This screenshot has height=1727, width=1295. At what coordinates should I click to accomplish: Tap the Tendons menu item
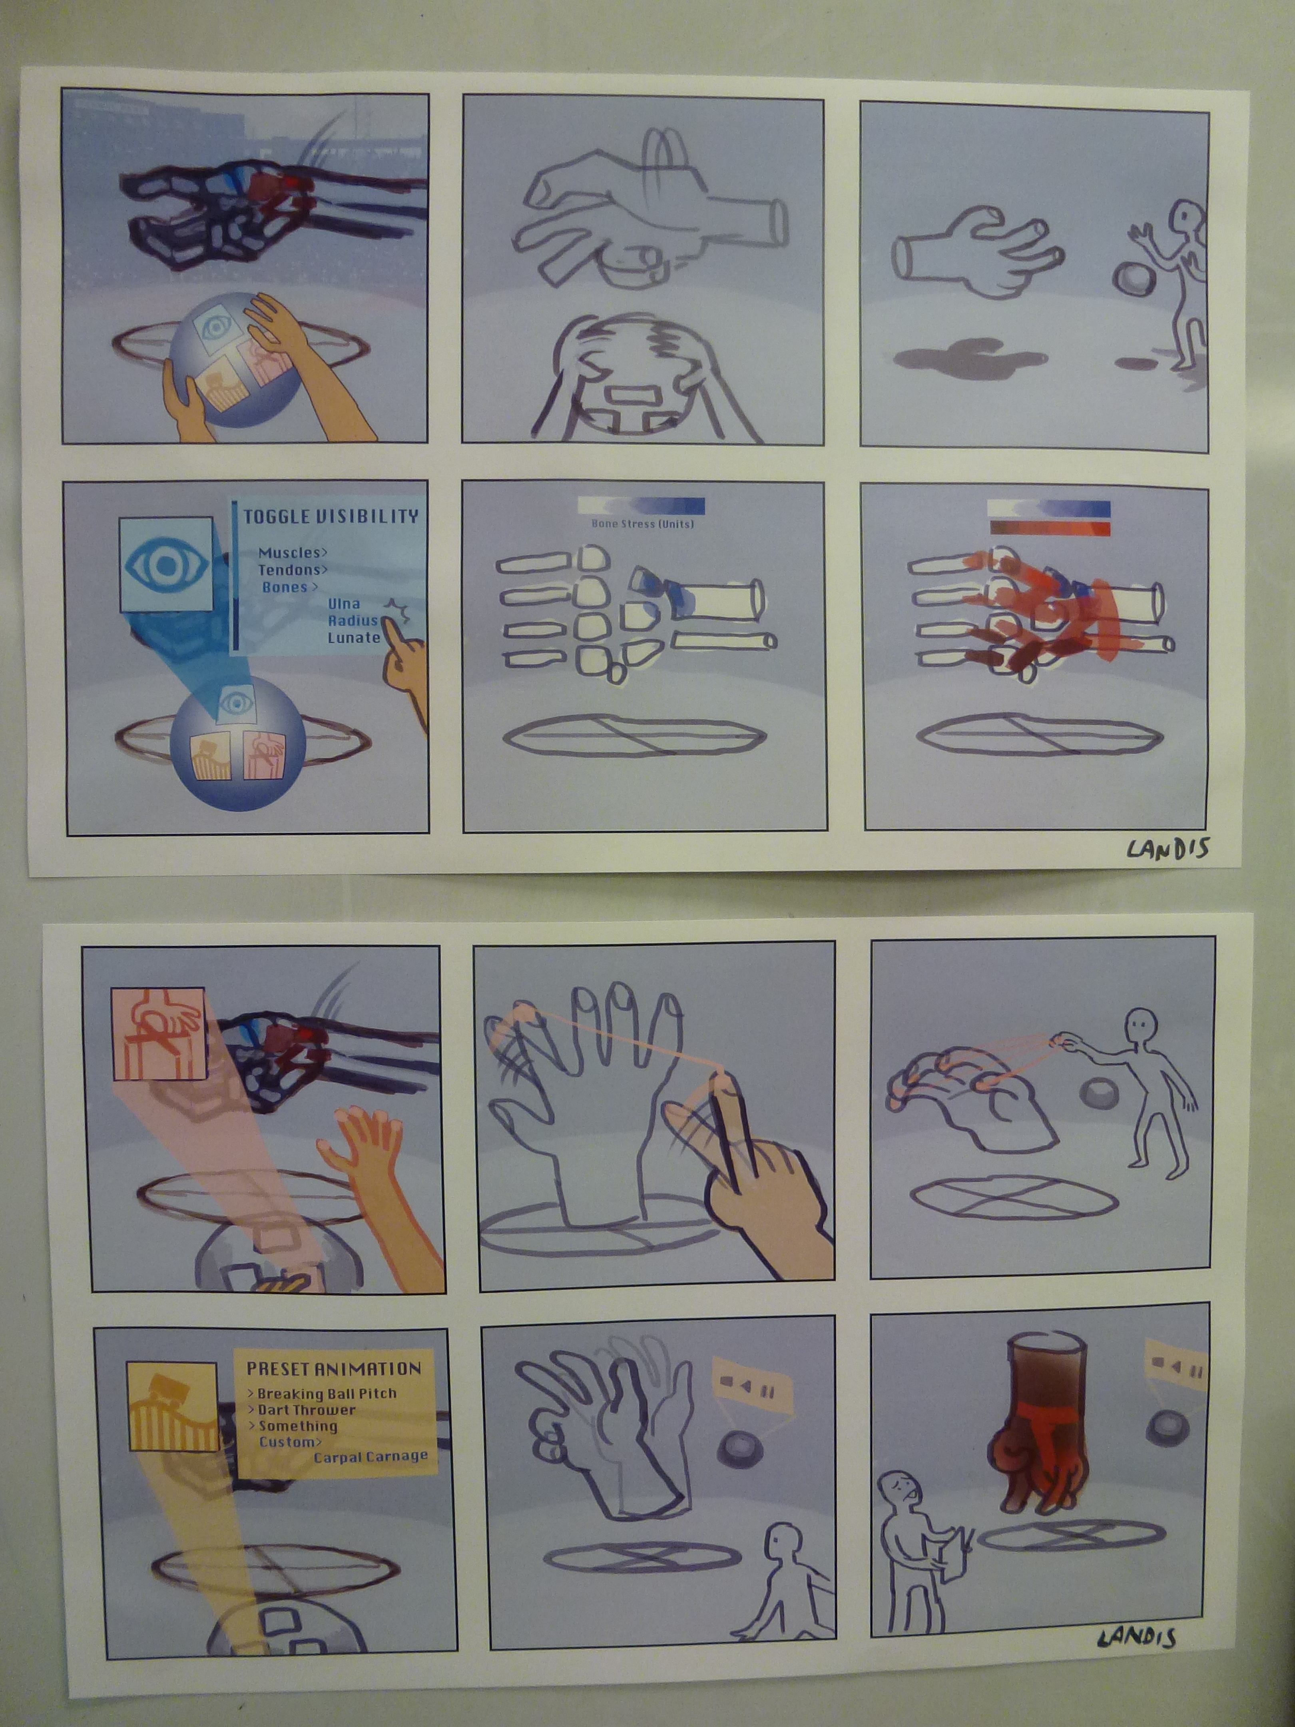[293, 570]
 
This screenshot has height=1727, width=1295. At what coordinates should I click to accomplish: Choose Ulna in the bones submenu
[344, 604]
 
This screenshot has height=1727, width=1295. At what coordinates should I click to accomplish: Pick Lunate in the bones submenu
[354, 637]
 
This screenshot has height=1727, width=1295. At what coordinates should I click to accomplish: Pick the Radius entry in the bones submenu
[353, 621]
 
